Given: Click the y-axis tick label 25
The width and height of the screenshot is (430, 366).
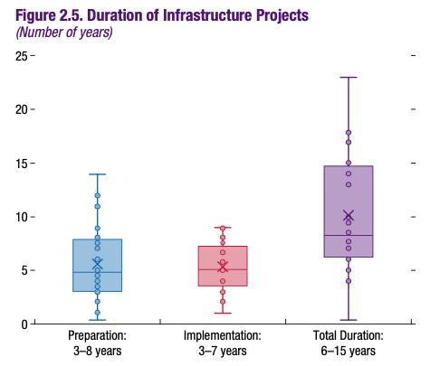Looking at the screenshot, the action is point(22,56).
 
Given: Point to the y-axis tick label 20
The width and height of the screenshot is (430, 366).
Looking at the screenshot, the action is point(22,109).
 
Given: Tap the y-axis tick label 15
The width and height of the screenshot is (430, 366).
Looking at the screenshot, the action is point(22,164).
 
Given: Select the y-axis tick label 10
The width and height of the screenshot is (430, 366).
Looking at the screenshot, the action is point(22,217).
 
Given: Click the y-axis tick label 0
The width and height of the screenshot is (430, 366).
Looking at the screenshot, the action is point(24,324).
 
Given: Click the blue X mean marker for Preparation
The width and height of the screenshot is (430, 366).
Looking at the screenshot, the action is point(98,264).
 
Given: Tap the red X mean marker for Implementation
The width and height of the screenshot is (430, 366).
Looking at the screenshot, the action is point(223,267).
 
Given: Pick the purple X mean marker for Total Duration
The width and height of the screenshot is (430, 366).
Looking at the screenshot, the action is point(349,216).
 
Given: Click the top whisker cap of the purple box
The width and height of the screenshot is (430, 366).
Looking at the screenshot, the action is point(349,78).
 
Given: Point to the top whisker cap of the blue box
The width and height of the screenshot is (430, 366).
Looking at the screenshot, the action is point(98,174).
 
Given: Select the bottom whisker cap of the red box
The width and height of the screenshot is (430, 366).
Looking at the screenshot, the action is point(223,314).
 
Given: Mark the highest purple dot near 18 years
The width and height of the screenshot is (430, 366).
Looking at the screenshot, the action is point(349,133).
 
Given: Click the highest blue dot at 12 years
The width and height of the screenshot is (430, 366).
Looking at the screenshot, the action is point(98,195).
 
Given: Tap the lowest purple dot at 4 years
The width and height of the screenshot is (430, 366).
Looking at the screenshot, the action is point(349,281).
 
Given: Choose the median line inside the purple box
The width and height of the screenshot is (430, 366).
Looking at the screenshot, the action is point(349,235).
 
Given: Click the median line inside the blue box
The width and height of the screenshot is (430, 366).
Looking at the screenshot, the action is point(98,272).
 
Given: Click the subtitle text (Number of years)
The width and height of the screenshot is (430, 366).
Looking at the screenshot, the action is point(64,33).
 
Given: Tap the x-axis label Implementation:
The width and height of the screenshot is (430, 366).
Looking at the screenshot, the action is point(223,335).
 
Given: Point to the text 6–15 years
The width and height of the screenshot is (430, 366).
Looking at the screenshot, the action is point(349,351).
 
